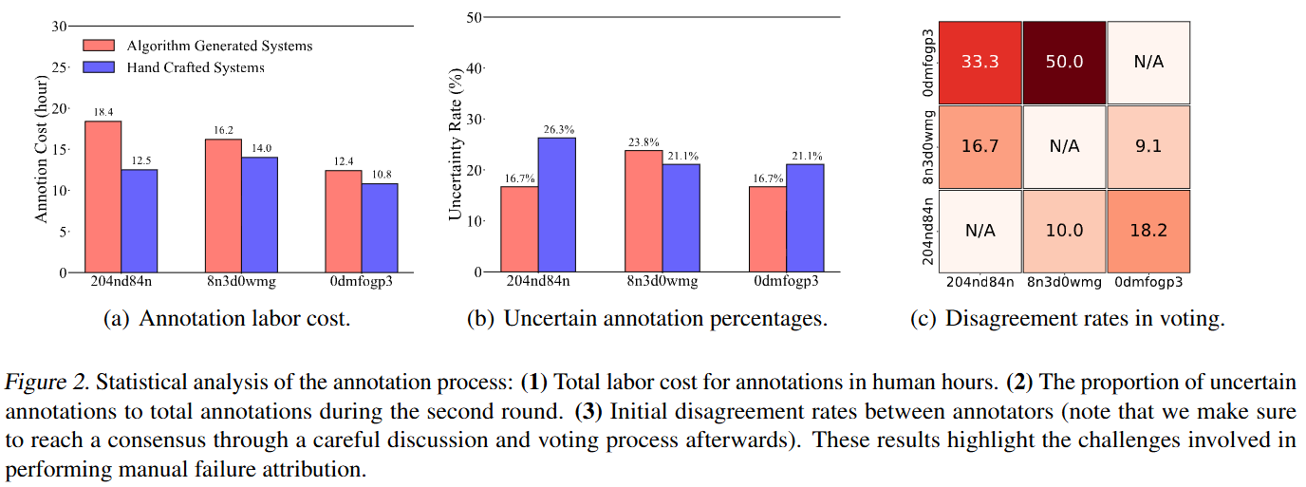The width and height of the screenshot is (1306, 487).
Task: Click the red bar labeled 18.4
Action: pyautogui.click(x=103, y=197)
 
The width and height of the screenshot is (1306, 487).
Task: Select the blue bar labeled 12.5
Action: pyautogui.click(x=140, y=220)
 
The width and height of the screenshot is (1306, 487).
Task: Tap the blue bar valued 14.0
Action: pyautogui.click(x=259, y=215)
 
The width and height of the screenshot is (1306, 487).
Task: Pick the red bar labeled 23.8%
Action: pyautogui.click(x=644, y=211)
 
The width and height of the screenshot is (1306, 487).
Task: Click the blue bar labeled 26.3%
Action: pyautogui.click(x=557, y=204)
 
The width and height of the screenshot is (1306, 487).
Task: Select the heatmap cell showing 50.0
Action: pyautogui.click(x=1064, y=62)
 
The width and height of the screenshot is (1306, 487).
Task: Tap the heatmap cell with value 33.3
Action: pyautogui.click(x=979, y=62)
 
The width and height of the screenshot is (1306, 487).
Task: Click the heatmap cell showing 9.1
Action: pyautogui.click(x=1148, y=147)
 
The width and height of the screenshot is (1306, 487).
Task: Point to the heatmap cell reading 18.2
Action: pyautogui.click(x=1148, y=231)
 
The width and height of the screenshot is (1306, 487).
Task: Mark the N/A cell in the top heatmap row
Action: pyautogui.click(x=1148, y=62)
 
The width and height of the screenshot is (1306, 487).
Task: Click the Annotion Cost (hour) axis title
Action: pyautogui.click(x=41, y=151)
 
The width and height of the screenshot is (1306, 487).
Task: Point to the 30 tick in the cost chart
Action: pyautogui.click(x=59, y=27)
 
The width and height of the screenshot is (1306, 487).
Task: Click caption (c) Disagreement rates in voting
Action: pyautogui.click(x=1067, y=319)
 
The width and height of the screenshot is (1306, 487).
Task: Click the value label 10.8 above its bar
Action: pyautogui.click(x=380, y=176)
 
